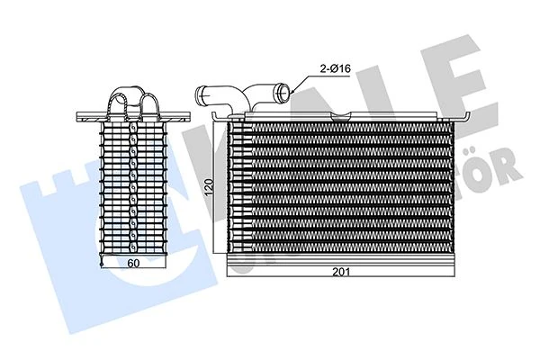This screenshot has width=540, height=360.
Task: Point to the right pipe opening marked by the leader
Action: coord(285,91)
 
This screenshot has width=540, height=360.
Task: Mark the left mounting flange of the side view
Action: coord(87,115)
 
